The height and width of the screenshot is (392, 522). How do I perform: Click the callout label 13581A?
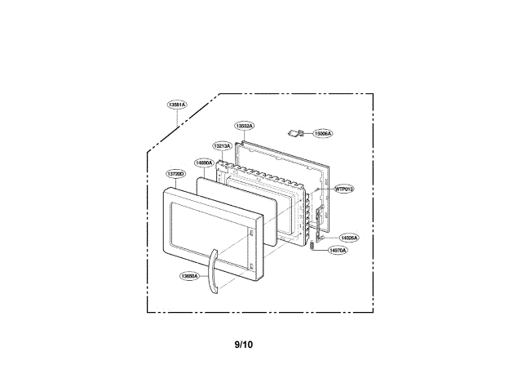[177, 105]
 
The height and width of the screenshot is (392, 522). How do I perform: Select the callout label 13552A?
[244, 126]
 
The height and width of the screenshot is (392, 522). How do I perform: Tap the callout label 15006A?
[323, 133]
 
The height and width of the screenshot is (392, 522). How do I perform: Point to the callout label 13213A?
[223, 145]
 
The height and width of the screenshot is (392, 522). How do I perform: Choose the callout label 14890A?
[203, 163]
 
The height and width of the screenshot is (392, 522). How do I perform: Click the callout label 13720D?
[175, 173]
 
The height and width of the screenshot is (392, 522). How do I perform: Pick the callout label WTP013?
[343, 189]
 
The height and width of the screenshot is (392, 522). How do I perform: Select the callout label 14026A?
[349, 237]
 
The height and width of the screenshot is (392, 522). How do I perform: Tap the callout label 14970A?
[337, 251]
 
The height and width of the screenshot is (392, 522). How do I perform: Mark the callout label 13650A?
[189, 276]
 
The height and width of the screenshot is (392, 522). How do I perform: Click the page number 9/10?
[243, 345]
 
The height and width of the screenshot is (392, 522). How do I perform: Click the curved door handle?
[213, 274]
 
